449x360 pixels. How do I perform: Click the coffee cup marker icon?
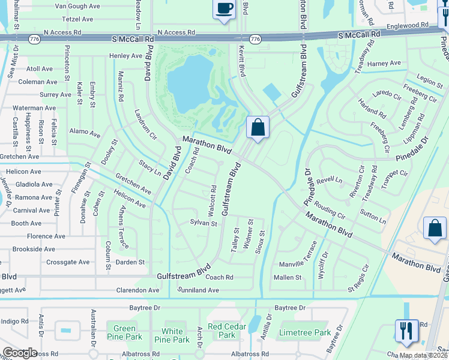224,9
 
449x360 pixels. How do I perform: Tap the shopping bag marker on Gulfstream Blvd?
258,127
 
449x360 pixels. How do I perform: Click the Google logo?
19,353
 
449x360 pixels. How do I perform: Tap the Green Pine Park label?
124,332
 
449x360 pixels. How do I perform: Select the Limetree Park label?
304,332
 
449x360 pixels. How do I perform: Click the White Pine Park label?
172,335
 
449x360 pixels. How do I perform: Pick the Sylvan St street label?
203,223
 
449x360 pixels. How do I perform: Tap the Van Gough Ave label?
77,6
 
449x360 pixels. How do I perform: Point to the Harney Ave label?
384,63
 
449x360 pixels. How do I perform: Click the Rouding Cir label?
330,211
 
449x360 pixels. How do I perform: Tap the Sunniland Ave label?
199,290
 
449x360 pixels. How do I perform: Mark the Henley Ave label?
125,56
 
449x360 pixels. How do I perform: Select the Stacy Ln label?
150,167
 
